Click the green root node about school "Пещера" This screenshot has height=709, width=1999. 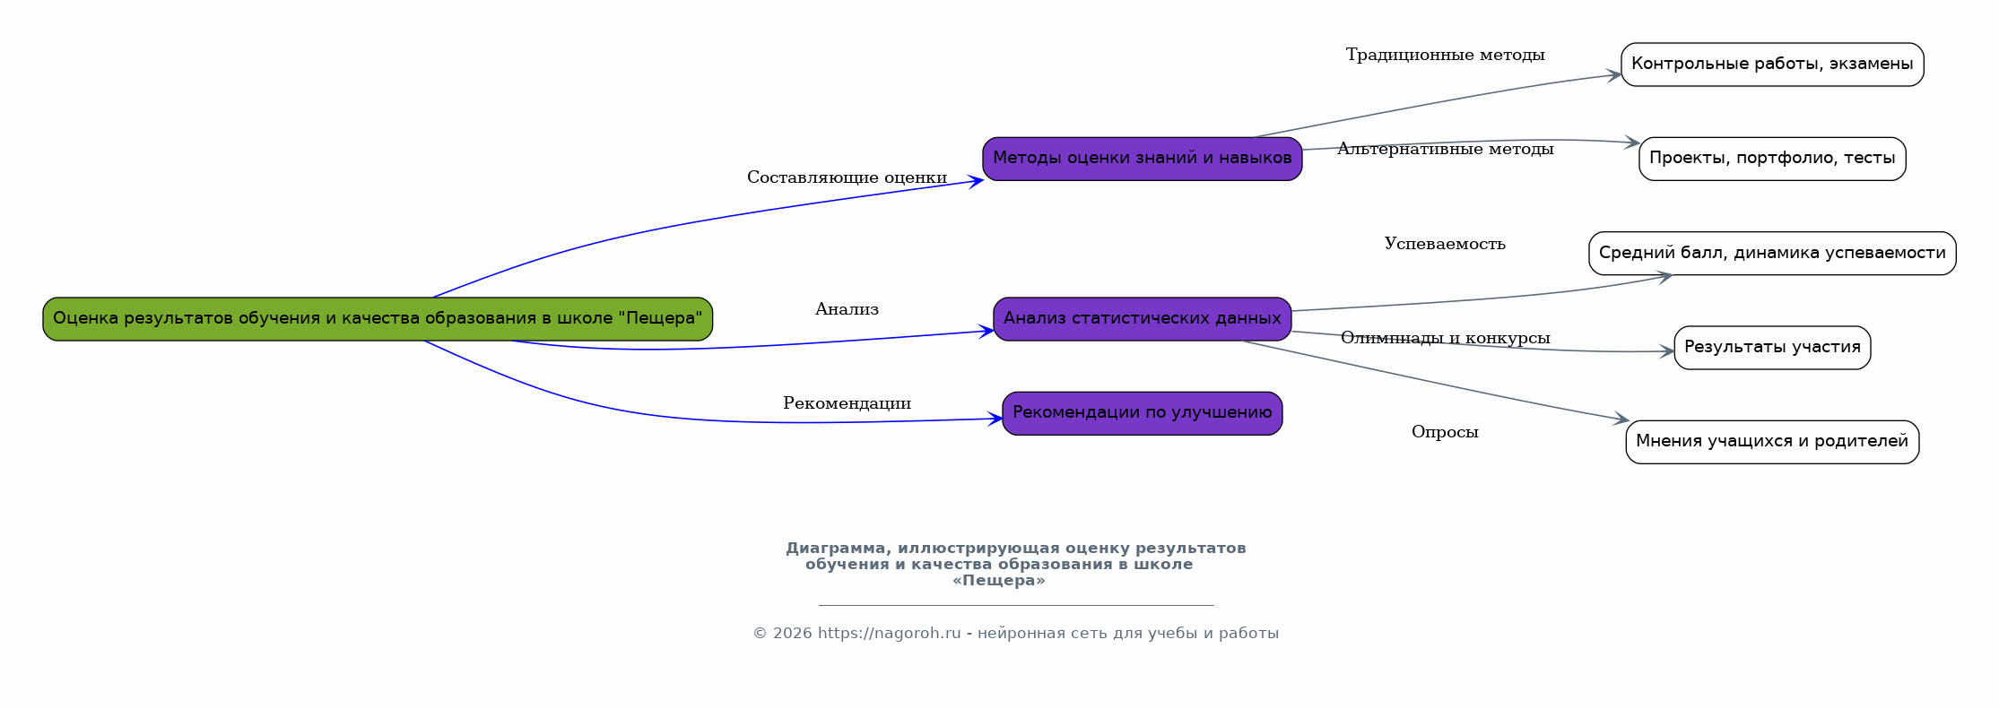tap(378, 319)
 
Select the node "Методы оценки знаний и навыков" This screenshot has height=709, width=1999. tap(1142, 159)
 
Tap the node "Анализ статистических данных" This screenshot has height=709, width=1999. tap(1142, 319)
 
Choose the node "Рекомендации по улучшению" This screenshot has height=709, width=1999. tap(1142, 413)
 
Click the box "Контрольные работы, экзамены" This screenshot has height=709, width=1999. tap(1771, 65)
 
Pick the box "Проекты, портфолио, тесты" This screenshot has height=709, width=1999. tap(1771, 159)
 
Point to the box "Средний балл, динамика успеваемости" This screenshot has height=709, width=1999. tap(1771, 254)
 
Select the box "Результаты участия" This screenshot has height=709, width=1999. tap(1771, 348)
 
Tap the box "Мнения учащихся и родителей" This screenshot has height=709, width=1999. tap(1771, 442)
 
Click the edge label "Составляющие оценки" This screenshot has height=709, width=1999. tap(847, 178)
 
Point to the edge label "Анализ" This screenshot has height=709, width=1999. tap(847, 310)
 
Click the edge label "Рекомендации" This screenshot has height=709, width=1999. tap(847, 404)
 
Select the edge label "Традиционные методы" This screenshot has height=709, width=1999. tap(1445, 56)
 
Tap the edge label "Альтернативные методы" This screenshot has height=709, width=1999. tap(1445, 150)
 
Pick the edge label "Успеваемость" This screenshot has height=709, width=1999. tap(1445, 245)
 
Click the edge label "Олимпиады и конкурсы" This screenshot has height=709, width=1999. tap(1445, 339)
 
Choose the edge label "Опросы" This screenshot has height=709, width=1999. tap(1445, 433)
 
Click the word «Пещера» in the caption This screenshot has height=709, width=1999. tap(998, 581)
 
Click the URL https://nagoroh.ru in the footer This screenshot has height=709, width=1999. tap(889, 634)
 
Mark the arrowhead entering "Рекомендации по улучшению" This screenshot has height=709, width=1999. tap(995, 419)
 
